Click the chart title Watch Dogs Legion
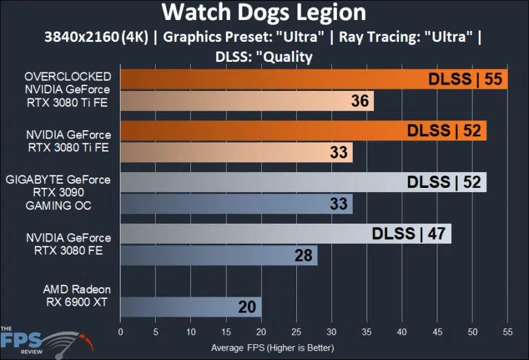coord(264,12)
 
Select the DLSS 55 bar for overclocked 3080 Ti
coord(313,79)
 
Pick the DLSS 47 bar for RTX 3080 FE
coord(285,233)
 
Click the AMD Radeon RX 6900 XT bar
coord(191,307)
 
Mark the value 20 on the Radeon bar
coord(247,307)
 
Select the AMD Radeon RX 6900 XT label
coord(76,295)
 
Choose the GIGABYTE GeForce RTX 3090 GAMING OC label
coord(58,192)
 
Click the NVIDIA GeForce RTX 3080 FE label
coord(68,244)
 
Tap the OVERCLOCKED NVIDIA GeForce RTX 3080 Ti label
coord(68,89)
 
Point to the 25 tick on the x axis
coord(296,332)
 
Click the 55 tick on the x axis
coord(508,332)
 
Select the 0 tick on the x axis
coord(121,332)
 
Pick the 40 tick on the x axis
coord(402,332)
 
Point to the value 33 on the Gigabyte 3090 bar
coord(338,204)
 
